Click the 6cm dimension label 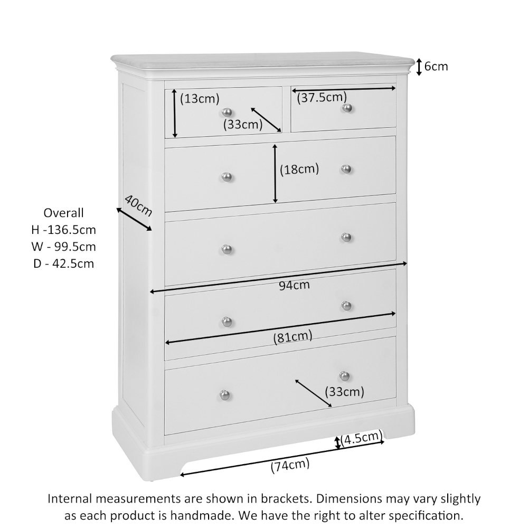click(x=436, y=67)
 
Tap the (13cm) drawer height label click(x=199, y=98)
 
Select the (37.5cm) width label click(x=322, y=97)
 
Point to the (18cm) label click(x=299, y=169)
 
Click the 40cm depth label click(x=138, y=205)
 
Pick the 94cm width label click(x=294, y=286)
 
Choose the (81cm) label click(x=293, y=336)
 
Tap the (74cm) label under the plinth click(x=290, y=466)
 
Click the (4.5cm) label click(x=361, y=438)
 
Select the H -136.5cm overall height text click(x=63, y=230)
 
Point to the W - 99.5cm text click(x=63, y=247)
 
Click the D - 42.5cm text click(x=63, y=263)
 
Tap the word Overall click(x=63, y=213)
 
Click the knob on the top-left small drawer click(x=227, y=112)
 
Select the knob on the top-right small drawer click(x=347, y=108)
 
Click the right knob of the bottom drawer click(x=345, y=376)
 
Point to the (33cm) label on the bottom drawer click(x=344, y=392)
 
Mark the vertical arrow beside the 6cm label click(x=419, y=67)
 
